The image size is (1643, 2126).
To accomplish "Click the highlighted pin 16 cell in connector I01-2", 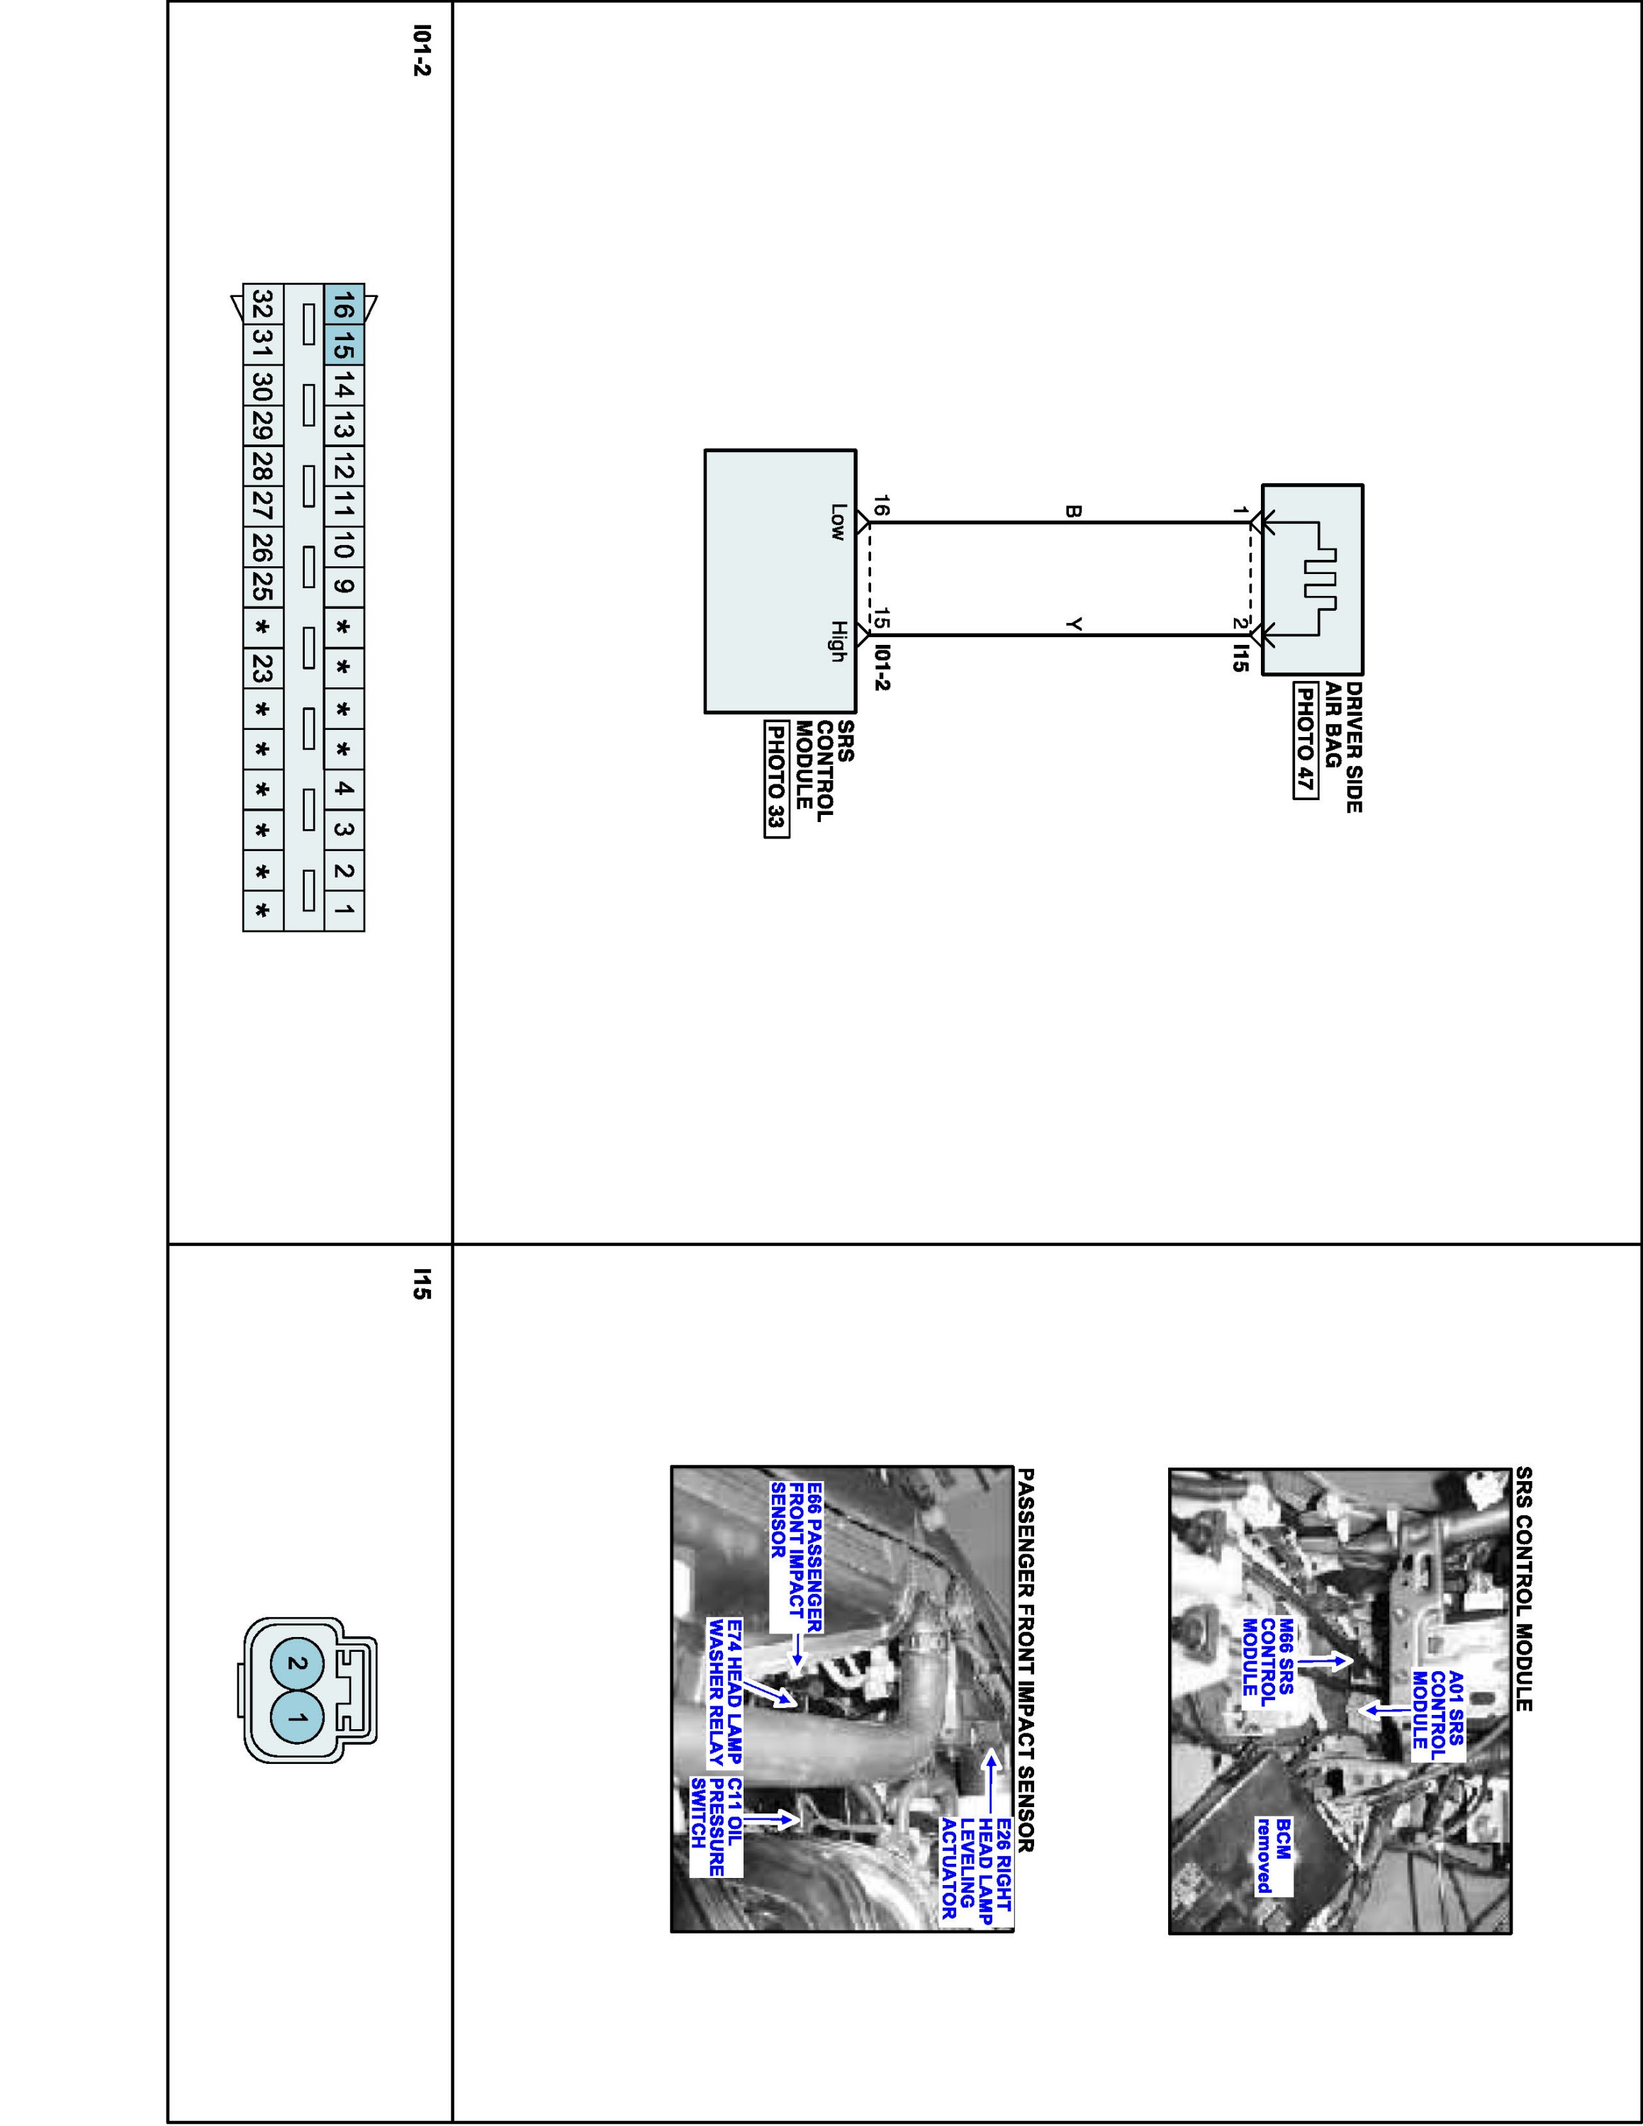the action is tap(344, 305).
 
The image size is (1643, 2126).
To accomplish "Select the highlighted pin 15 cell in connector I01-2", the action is tap(344, 346).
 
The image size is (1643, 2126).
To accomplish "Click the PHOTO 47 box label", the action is tap(1305, 740).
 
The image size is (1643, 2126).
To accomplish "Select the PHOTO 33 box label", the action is tap(775, 779).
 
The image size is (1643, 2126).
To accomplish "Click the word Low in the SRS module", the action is tap(837, 522).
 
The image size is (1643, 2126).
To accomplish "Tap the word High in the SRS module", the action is tap(837, 641).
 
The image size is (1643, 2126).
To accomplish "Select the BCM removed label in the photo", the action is tap(1272, 1855).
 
